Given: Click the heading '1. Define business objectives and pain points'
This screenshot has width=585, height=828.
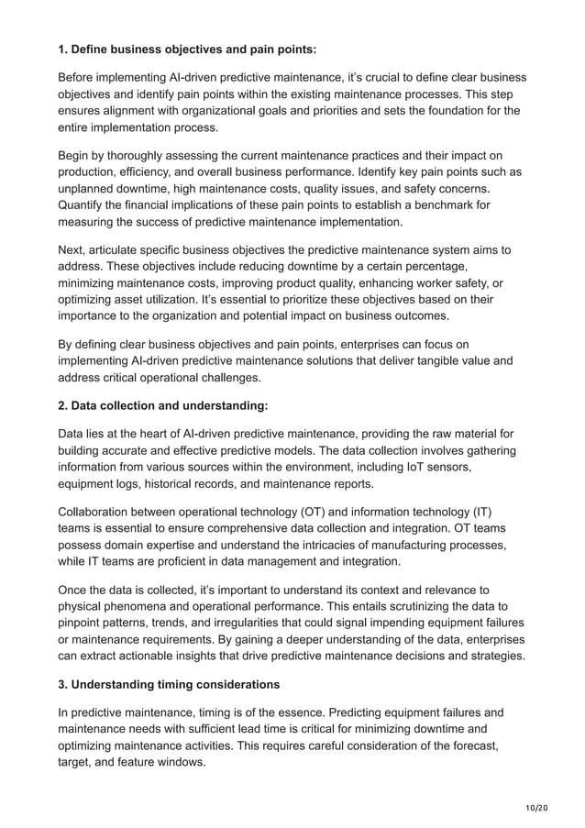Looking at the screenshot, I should click(187, 49).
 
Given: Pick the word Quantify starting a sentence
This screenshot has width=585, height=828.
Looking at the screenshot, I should click(87, 206).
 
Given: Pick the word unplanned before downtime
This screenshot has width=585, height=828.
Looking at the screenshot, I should click(92, 190).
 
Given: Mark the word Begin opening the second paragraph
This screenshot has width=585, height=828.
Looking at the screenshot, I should click(77, 155).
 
